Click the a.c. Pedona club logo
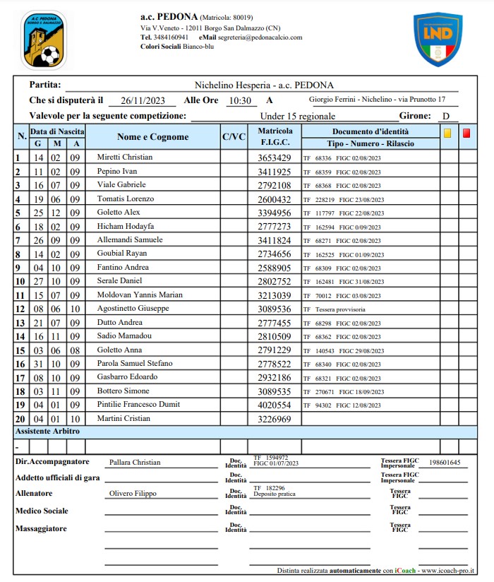tap(44, 39)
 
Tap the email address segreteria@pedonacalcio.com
tap(260, 37)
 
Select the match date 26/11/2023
tap(138, 100)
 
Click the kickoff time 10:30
tap(240, 100)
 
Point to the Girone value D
tap(445, 116)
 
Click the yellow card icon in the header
tap(447, 132)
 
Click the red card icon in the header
tap(466, 132)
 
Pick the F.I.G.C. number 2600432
tap(275, 199)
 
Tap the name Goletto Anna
tap(119, 350)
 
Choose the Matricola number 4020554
tap(275, 405)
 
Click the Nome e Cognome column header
tap(152, 137)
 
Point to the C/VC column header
tap(234, 137)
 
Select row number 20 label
tap(20, 419)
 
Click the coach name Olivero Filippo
tap(133, 494)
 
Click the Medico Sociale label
tap(42, 511)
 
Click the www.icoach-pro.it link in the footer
tap(447, 570)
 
